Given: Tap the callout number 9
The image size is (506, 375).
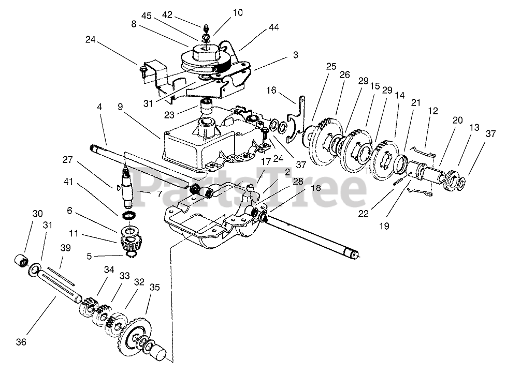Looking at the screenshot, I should tap(120, 108).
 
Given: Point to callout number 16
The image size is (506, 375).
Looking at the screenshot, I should tap(271, 90).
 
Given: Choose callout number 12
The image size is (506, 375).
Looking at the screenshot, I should tap(433, 110).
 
